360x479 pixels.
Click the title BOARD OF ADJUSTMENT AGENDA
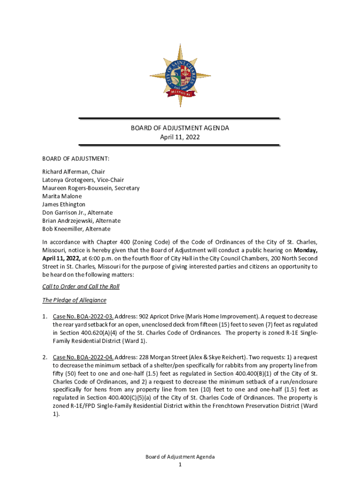pos(180,128)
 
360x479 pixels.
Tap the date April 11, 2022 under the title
pos(180,137)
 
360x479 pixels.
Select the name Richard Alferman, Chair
pos(73,172)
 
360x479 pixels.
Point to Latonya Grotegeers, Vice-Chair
pos(83,180)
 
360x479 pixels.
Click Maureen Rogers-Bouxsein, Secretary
pos(91,188)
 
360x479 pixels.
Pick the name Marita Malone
pos(62,196)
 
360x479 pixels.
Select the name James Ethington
pos(64,204)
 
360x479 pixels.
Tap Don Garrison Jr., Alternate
pos(77,212)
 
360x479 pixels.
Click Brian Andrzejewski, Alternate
pos(81,220)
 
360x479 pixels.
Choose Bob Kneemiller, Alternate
pos(76,229)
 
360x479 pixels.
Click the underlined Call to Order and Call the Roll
pos(81,287)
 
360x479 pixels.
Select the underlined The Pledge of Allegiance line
pos(74,300)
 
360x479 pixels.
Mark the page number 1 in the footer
pos(180,464)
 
